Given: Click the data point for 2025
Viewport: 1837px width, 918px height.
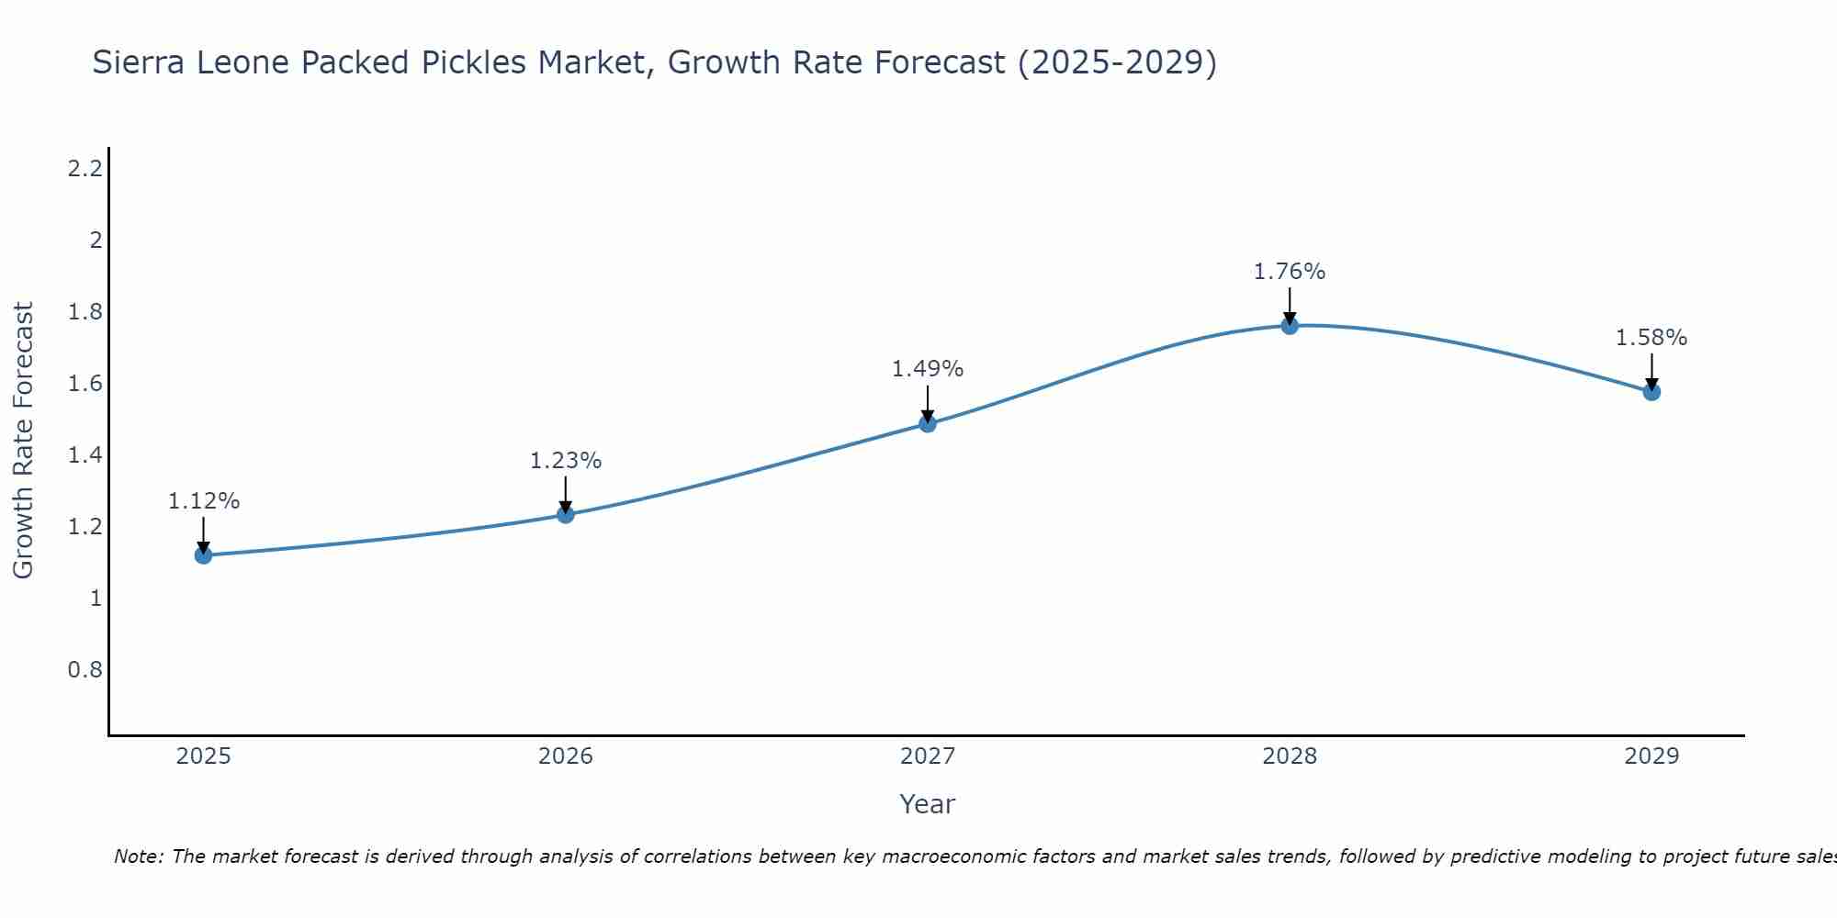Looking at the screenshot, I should pos(204,555).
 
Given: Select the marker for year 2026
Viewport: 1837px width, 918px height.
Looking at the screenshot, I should pos(566,514).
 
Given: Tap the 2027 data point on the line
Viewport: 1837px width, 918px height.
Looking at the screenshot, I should pos(928,423).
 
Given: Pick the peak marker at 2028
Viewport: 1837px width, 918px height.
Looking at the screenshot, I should pos(1290,325).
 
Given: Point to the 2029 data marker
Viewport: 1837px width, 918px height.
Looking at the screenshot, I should pos(1651,392).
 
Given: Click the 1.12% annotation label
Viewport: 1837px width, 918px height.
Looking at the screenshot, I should pos(204,501).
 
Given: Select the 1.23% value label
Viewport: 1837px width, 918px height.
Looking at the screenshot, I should pos(566,461).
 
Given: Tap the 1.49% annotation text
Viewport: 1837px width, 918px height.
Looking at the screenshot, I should pos(928,369).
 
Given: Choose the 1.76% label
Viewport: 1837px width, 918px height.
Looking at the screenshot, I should pos(1290,272).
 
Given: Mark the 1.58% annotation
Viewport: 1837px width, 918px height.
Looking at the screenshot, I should pos(1651,338).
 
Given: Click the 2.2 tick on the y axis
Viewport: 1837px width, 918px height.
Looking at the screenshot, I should pos(85,168).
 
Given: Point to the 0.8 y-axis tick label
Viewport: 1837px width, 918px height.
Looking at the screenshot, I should pos(85,669).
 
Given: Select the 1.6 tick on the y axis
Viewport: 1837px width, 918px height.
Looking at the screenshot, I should pos(85,384).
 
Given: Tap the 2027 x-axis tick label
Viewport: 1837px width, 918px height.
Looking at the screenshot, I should pos(928,756).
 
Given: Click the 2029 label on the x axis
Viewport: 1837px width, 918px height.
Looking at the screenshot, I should pos(1651,756).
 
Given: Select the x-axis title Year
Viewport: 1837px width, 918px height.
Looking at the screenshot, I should pos(928,804).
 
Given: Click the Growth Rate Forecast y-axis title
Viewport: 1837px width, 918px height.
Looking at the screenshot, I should pos(23,441).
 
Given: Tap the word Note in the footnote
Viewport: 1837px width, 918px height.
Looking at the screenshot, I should pos(138,856).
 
